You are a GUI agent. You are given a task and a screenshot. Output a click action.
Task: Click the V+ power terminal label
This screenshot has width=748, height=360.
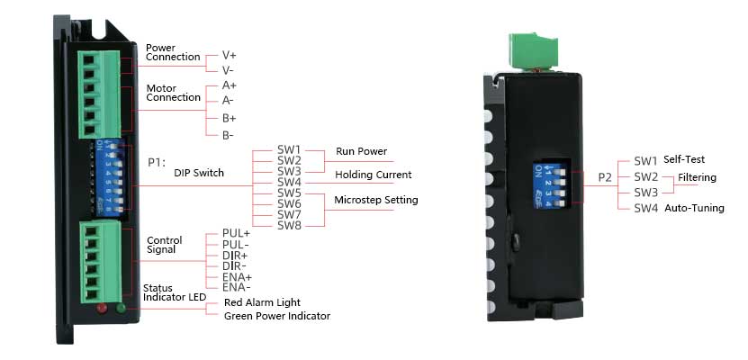click(x=230, y=55)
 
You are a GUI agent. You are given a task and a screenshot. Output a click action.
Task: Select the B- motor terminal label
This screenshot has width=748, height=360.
click(x=229, y=135)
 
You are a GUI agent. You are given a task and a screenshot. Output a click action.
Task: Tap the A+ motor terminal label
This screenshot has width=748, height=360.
click(x=230, y=85)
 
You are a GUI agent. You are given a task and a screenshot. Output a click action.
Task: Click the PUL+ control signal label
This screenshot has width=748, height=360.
click(x=237, y=233)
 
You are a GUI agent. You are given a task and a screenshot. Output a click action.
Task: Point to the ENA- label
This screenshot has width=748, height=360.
click(x=237, y=287)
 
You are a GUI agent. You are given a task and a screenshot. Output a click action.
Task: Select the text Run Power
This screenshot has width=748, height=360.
click(x=361, y=151)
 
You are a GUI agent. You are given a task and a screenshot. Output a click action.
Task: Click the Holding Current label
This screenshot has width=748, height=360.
click(x=373, y=175)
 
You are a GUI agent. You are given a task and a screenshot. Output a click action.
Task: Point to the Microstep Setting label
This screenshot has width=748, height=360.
click(x=376, y=200)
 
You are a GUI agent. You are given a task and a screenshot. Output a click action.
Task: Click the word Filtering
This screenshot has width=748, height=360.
click(x=697, y=177)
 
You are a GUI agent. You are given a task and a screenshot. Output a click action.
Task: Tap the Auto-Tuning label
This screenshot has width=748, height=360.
click(x=694, y=209)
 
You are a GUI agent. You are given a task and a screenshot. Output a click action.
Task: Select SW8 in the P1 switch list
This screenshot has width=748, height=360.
click(x=289, y=225)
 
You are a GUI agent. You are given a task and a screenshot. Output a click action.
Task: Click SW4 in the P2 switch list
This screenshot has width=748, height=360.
click(x=645, y=209)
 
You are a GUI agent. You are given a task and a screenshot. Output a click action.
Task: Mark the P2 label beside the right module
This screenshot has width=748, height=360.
click(x=605, y=177)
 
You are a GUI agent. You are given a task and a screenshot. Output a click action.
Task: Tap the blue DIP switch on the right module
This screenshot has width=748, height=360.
click(x=553, y=179)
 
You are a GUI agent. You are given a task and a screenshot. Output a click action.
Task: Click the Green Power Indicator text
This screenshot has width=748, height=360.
click(x=276, y=316)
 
